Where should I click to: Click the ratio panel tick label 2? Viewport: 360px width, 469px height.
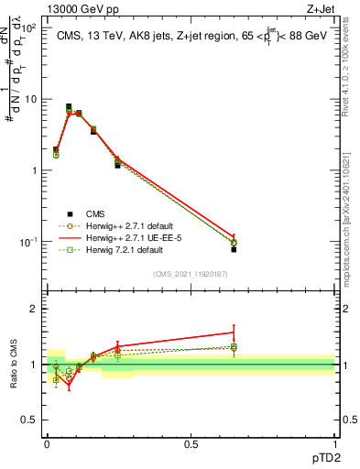coord(35,309)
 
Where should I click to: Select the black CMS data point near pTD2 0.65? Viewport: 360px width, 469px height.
coord(234,249)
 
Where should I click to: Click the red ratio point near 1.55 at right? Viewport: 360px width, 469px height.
coord(234,333)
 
